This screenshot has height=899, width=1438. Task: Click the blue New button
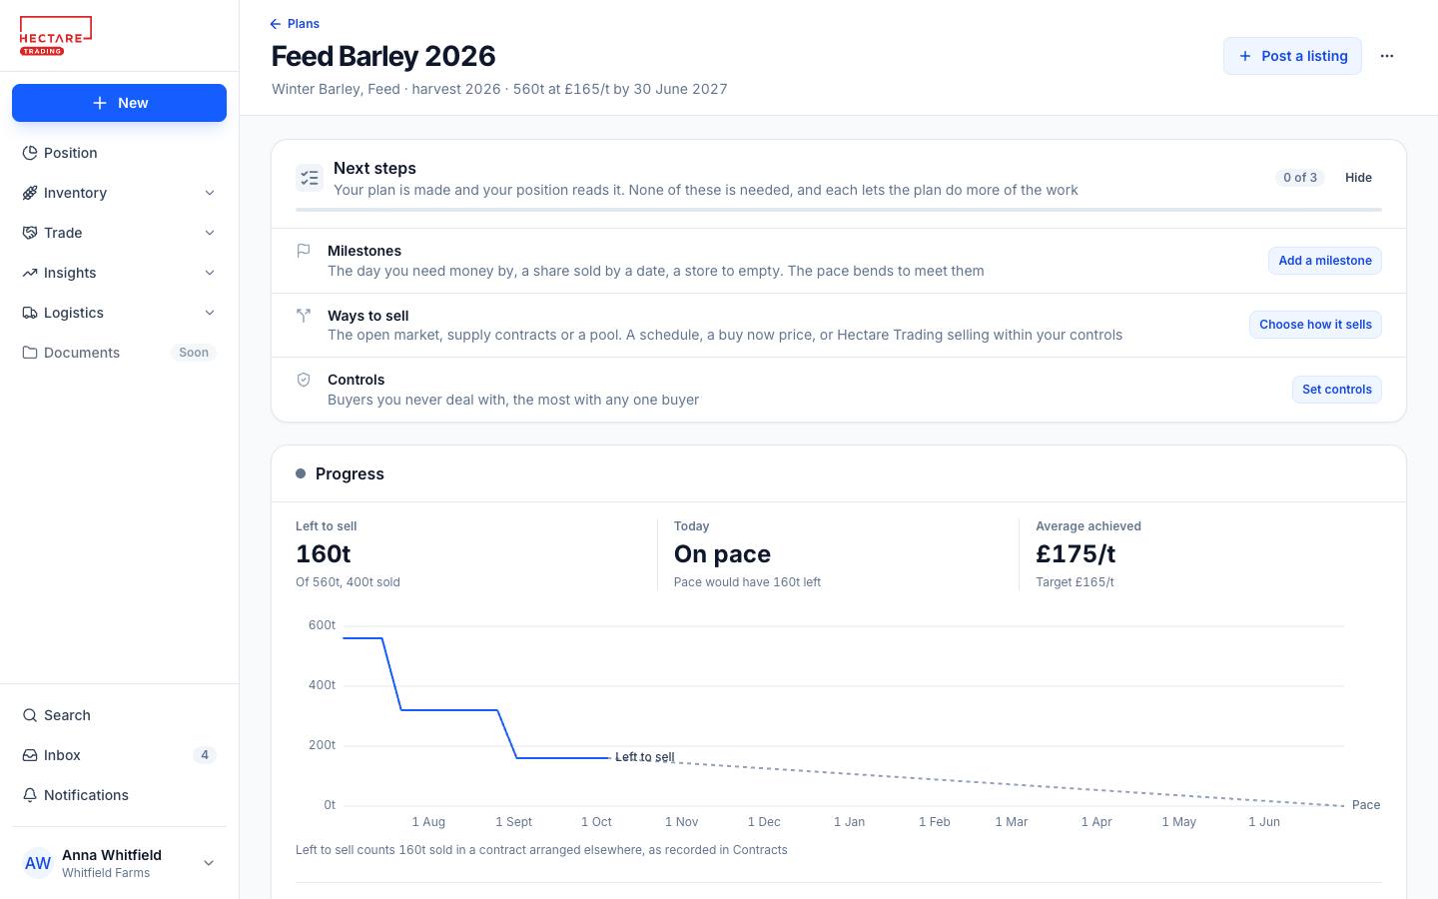[119, 103]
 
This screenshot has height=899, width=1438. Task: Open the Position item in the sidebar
[70, 153]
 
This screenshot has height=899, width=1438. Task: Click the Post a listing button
[1292, 56]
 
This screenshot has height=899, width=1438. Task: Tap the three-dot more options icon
[1387, 56]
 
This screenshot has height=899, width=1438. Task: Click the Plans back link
[295, 24]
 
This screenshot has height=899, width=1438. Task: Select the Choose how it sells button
[1315, 325]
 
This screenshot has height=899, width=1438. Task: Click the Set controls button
[1336, 390]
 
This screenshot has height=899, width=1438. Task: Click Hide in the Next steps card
[1358, 177]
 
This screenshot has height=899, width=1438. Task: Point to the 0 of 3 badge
[1300, 177]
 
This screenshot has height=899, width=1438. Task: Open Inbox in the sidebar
[62, 755]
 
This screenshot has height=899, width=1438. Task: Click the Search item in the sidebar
[67, 715]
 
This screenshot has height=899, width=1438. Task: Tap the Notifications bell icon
[30, 795]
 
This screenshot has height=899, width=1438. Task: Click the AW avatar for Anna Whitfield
[37, 863]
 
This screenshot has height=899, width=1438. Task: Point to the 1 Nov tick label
[681, 822]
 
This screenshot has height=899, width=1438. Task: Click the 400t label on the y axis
[322, 685]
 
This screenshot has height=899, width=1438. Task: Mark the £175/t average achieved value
[1076, 553]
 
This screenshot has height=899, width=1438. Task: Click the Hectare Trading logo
[56, 36]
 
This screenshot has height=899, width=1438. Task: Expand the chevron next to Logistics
[210, 313]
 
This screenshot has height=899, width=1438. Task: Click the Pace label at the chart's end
[1365, 805]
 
